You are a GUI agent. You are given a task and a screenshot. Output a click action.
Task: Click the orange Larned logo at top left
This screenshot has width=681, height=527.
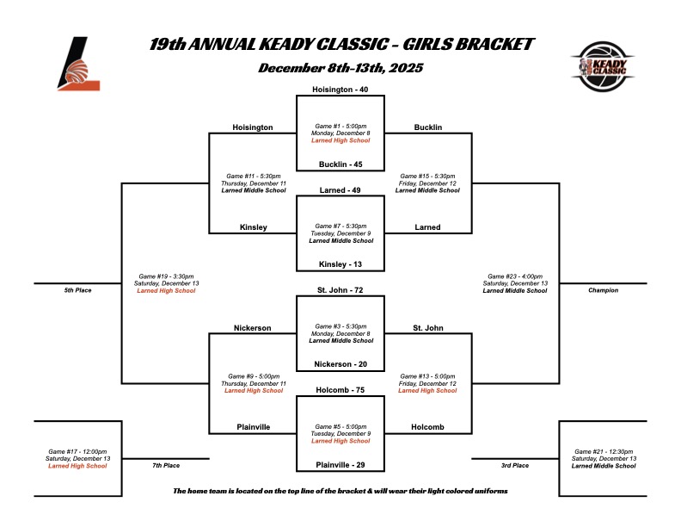pos(78,64)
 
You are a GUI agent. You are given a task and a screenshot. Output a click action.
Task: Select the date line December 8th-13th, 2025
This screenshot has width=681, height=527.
pos(340,68)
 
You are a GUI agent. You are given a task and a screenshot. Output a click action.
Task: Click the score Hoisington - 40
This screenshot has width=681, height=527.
pos(340,90)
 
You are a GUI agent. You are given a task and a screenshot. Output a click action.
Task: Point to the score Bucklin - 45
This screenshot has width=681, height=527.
pos(340,164)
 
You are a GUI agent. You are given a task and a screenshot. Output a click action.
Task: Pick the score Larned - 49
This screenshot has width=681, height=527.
pos(340,189)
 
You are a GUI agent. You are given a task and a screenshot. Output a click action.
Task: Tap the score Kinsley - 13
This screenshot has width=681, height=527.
pos(340,263)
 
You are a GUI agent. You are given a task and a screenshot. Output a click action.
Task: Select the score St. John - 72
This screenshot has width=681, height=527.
pos(340,290)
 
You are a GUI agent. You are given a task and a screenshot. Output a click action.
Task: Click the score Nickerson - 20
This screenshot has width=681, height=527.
pos(340,364)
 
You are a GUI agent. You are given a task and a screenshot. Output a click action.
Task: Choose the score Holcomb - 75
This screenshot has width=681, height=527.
pos(340,390)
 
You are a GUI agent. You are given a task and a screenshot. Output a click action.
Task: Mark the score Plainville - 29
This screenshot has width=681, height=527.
pos(340,464)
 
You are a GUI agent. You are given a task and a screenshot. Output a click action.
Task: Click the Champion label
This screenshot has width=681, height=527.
pos(603,290)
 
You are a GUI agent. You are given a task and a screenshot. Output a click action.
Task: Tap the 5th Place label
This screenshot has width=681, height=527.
pos(77,290)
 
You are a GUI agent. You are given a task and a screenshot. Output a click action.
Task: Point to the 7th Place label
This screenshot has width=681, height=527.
pos(166,465)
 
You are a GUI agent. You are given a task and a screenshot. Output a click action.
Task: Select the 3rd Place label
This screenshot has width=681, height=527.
pos(514,465)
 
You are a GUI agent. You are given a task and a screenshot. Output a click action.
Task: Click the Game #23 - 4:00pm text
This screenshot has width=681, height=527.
pos(514,276)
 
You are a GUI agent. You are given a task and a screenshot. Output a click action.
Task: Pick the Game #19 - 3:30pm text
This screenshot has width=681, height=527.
pos(166,276)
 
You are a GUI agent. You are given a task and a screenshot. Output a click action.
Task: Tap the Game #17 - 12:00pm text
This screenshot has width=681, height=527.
pos(79,451)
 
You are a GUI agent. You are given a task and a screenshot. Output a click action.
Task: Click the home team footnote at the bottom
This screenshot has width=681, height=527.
pos(340,491)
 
